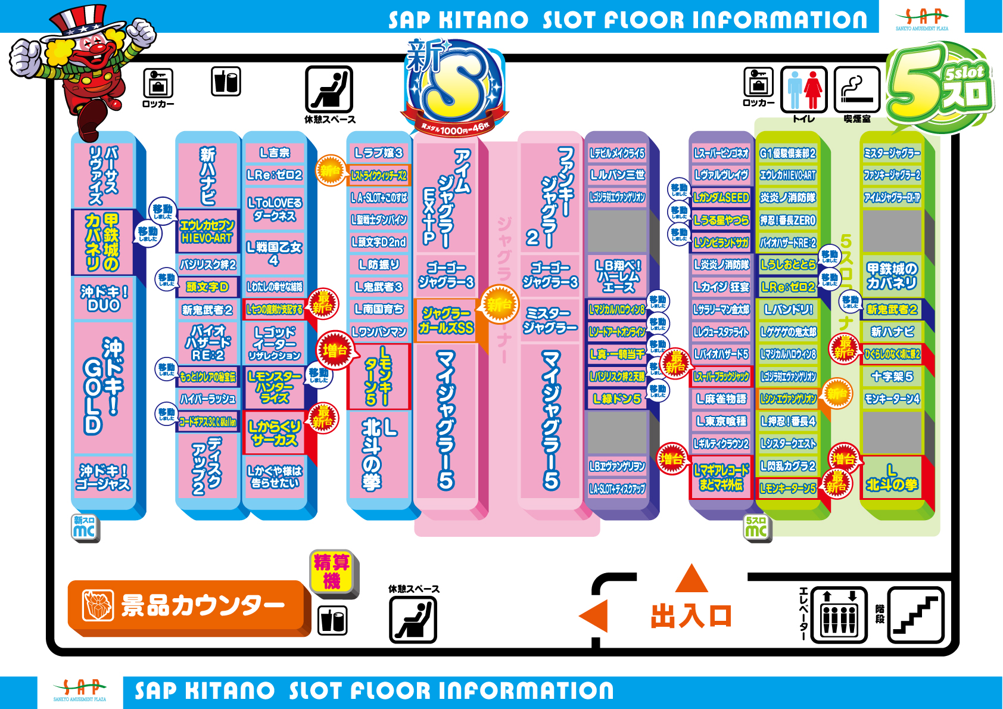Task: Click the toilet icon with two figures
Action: click(803, 89)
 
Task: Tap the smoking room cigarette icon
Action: click(857, 89)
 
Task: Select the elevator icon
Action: click(839, 614)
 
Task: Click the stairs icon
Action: click(915, 614)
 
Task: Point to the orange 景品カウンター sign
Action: click(188, 605)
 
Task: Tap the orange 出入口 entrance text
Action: click(691, 616)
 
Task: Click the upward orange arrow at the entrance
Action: click(691, 578)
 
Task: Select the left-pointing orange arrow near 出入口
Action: click(594, 616)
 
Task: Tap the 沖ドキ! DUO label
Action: click(104, 298)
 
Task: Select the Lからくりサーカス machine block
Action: click(274, 433)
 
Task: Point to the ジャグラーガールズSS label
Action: click(446, 321)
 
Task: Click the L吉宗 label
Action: click(274, 153)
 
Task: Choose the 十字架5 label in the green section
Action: click(892, 377)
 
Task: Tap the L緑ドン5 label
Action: click(617, 399)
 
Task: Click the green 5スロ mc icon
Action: click(756, 527)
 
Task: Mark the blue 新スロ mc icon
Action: click(84, 527)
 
